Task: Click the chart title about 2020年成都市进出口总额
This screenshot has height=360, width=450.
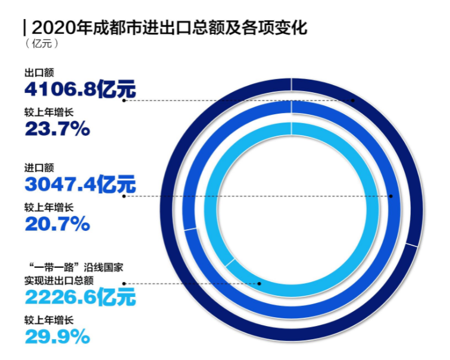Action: tap(169, 27)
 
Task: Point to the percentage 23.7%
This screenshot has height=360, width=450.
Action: tap(57, 128)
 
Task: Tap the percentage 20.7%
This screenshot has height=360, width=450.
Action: tap(57, 224)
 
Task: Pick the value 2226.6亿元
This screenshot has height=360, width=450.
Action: tap(80, 296)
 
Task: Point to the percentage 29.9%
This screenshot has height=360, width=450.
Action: tap(57, 337)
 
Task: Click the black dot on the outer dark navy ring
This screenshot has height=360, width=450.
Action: tap(353, 101)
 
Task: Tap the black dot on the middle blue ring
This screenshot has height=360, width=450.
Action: tap(391, 196)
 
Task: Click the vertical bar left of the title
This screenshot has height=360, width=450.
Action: tap(24, 27)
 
